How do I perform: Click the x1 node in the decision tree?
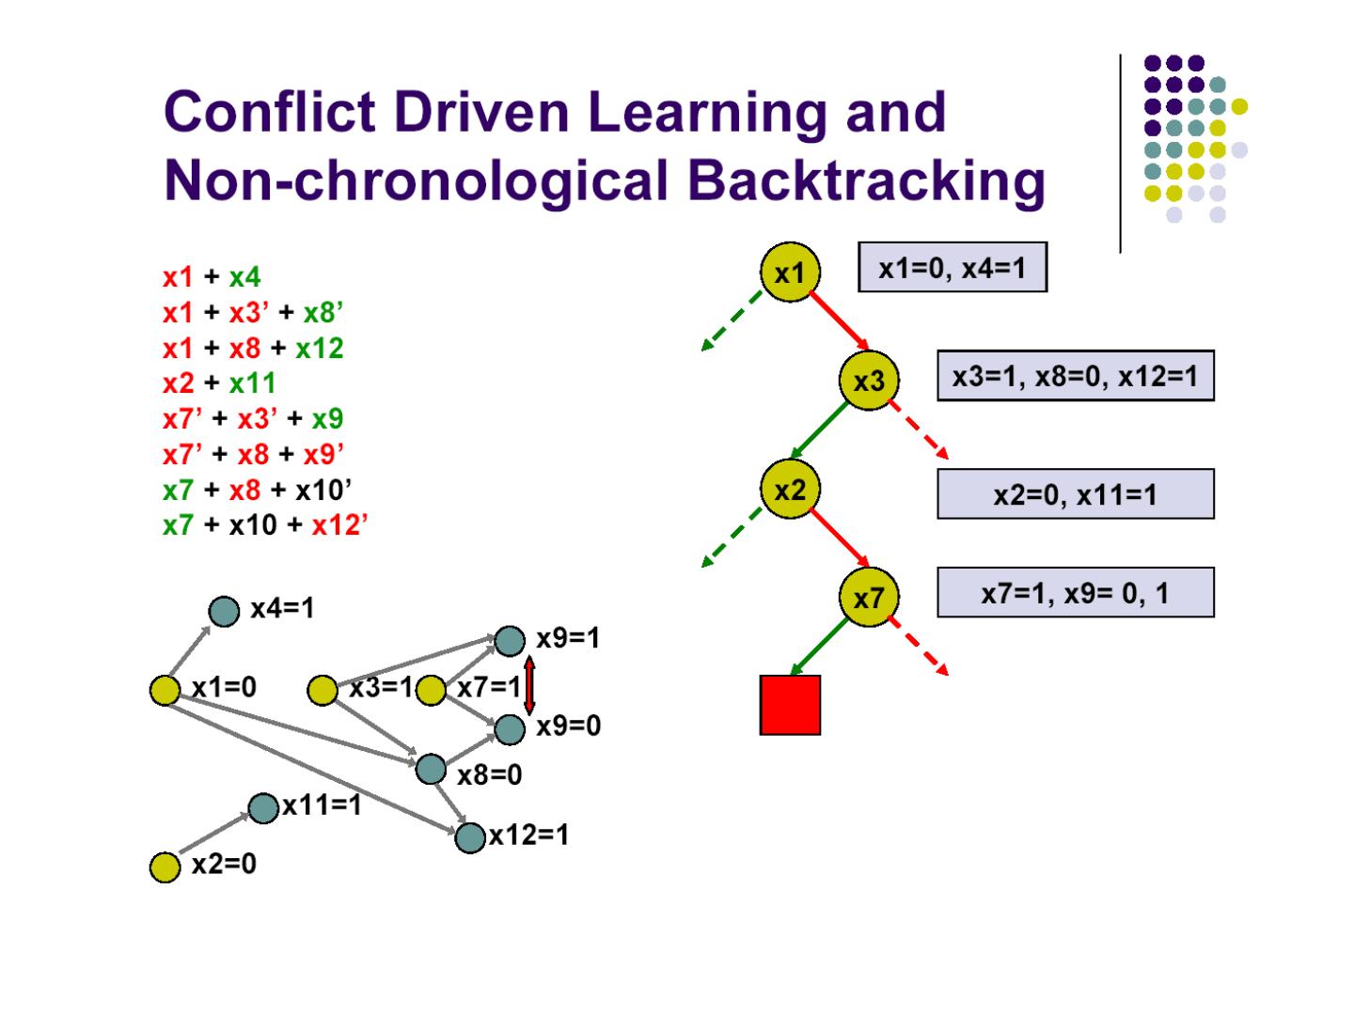click(x=790, y=273)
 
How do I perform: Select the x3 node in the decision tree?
click(x=869, y=381)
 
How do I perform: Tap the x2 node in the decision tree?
click(x=790, y=490)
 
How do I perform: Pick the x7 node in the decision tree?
click(x=869, y=597)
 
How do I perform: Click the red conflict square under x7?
click(x=790, y=704)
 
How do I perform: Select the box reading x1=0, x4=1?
click(x=952, y=268)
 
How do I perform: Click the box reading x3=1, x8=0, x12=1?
click(x=1075, y=376)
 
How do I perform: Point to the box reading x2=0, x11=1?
click(x=1075, y=493)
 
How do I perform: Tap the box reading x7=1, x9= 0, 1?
click(x=1075, y=592)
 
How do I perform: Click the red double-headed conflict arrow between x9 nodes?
click(x=529, y=685)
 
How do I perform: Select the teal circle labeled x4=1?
click(x=224, y=612)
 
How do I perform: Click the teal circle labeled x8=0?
click(x=431, y=769)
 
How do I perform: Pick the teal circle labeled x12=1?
click(x=469, y=836)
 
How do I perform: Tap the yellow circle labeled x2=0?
click(x=165, y=867)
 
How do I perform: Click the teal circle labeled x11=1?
click(x=263, y=807)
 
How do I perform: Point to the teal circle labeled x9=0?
click(x=510, y=728)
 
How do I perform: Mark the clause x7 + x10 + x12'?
click(x=264, y=524)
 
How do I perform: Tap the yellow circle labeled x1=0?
click(x=165, y=690)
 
